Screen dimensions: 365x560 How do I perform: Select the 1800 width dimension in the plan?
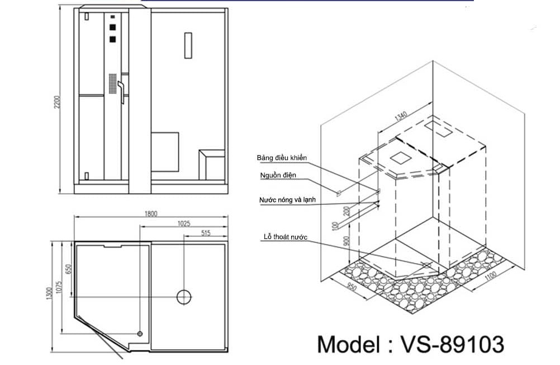(x=151, y=213)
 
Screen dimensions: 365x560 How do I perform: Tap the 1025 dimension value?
(x=184, y=223)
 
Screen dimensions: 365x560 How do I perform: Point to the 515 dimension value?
(x=205, y=233)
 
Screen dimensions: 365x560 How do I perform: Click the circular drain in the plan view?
(x=184, y=296)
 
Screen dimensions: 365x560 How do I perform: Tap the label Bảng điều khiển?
(x=282, y=158)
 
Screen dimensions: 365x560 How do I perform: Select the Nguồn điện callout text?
(x=278, y=175)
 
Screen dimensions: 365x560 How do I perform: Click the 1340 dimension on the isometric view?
(x=401, y=117)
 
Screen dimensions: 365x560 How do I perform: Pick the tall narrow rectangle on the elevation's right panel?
(x=188, y=45)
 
